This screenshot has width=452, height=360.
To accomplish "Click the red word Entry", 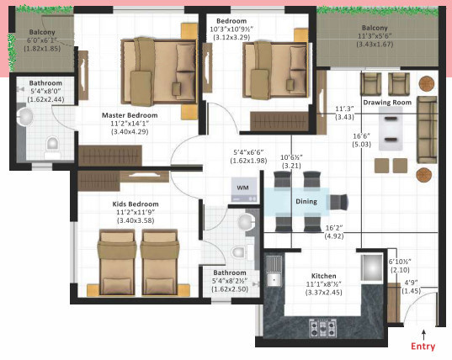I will (423, 346).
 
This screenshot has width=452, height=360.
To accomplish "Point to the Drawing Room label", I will (388, 103).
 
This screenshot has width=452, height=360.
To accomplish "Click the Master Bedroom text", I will (130, 115).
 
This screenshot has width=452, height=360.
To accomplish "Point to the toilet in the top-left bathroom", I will (53, 144).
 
